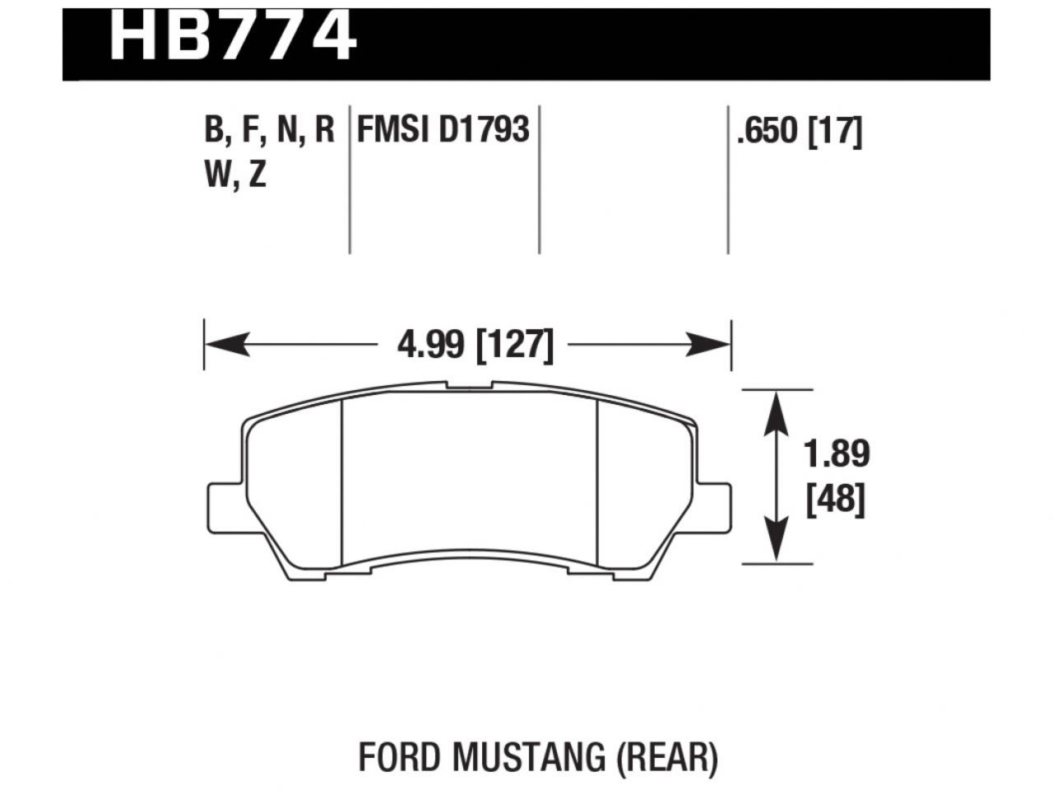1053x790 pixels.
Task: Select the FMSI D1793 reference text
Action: tap(442, 129)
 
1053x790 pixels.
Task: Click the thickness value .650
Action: tap(768, 131)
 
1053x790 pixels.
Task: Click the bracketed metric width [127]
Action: tap(515, 345)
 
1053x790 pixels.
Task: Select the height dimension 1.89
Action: tap(837, 454)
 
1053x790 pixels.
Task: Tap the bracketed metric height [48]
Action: tap(836, 499)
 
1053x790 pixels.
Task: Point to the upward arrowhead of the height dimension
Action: tap(777, 411)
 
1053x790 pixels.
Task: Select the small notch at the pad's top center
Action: tap(469, 384)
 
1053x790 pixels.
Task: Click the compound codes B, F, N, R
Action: tap(268, 130)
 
